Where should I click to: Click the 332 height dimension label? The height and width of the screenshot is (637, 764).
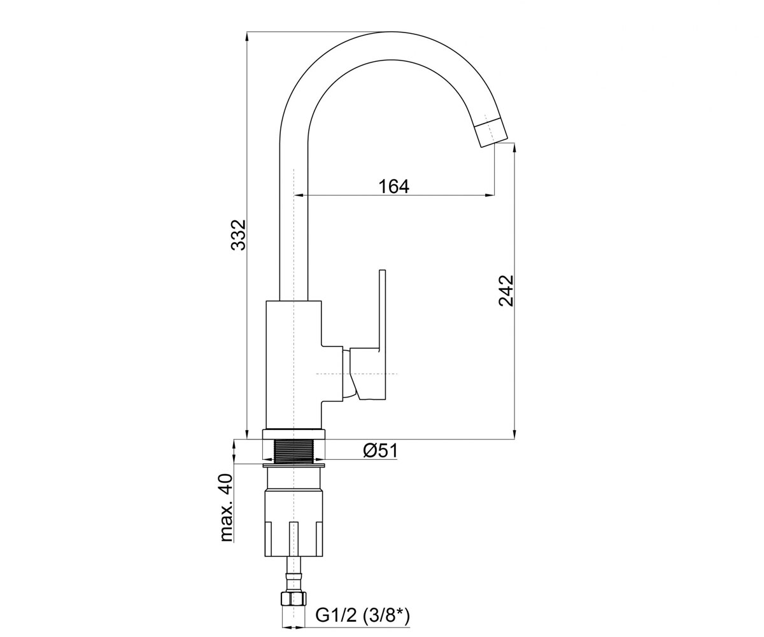[x=239, y=234]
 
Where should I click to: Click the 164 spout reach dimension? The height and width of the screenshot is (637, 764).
[x=393, y=187]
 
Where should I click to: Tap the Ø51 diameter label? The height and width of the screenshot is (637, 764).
[x=380, y=451]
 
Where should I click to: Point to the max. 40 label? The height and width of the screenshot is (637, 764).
[x=227, y=508]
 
